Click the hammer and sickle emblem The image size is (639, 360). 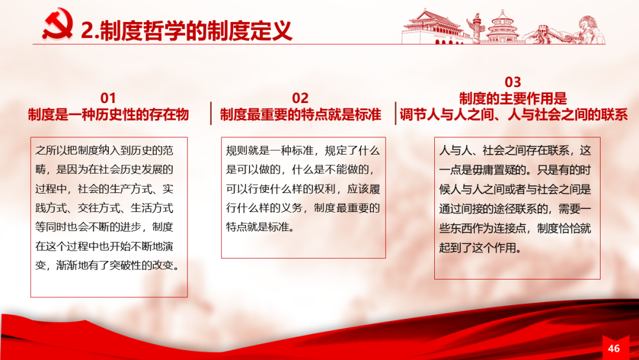click(x=57, y=24)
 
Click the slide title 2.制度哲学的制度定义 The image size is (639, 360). click(x=186, y=31)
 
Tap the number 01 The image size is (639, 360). click(x=108, y=98)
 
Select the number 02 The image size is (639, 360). click(x=301, y=98)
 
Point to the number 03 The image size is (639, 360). click(x=512, y=82)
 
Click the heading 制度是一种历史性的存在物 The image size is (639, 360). click(x=108, y=114)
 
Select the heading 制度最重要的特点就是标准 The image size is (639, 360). click(x=301, y=114)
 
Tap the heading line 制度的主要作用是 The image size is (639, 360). click(x=513, y=99)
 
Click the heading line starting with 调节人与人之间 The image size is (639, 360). click(x=514, y=114)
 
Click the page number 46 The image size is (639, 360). click(x=614, y=348)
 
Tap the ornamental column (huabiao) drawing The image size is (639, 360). click(x=476, y=28)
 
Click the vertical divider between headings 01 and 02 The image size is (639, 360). click(x=211, y=113)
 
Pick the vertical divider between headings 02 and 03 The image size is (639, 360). click(x=395, y=113)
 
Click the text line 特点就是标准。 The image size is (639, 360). click(x=260, y=227)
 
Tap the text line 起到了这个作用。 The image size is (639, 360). click(x=480, y=247)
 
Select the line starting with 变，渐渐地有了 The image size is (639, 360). click(x=108, y=265)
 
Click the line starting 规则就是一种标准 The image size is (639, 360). click(x=303, y=151)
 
